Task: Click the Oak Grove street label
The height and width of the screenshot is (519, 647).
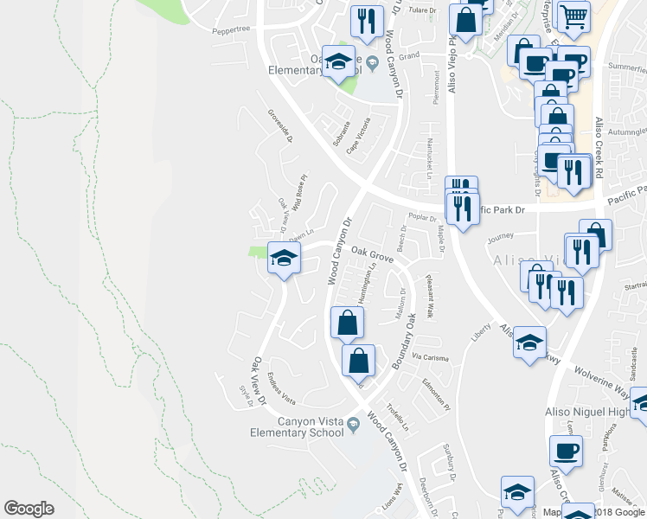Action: click(x=373, y=257)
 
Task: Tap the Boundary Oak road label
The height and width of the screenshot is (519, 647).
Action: click(x=405, y=342)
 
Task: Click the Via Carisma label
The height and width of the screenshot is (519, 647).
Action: click(x=429, y=356)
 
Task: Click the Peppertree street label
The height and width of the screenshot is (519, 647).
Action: click(x=231, y=29)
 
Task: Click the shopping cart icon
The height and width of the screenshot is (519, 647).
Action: click(x=573, y=16)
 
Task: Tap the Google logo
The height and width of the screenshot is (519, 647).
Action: click(x=29, y=509)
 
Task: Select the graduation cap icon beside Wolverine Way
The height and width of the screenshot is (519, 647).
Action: click(x=530, y=343)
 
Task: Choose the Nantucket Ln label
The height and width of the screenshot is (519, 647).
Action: click(x=429, y=159)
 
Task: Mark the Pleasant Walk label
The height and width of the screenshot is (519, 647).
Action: click(x=427, y=296)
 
